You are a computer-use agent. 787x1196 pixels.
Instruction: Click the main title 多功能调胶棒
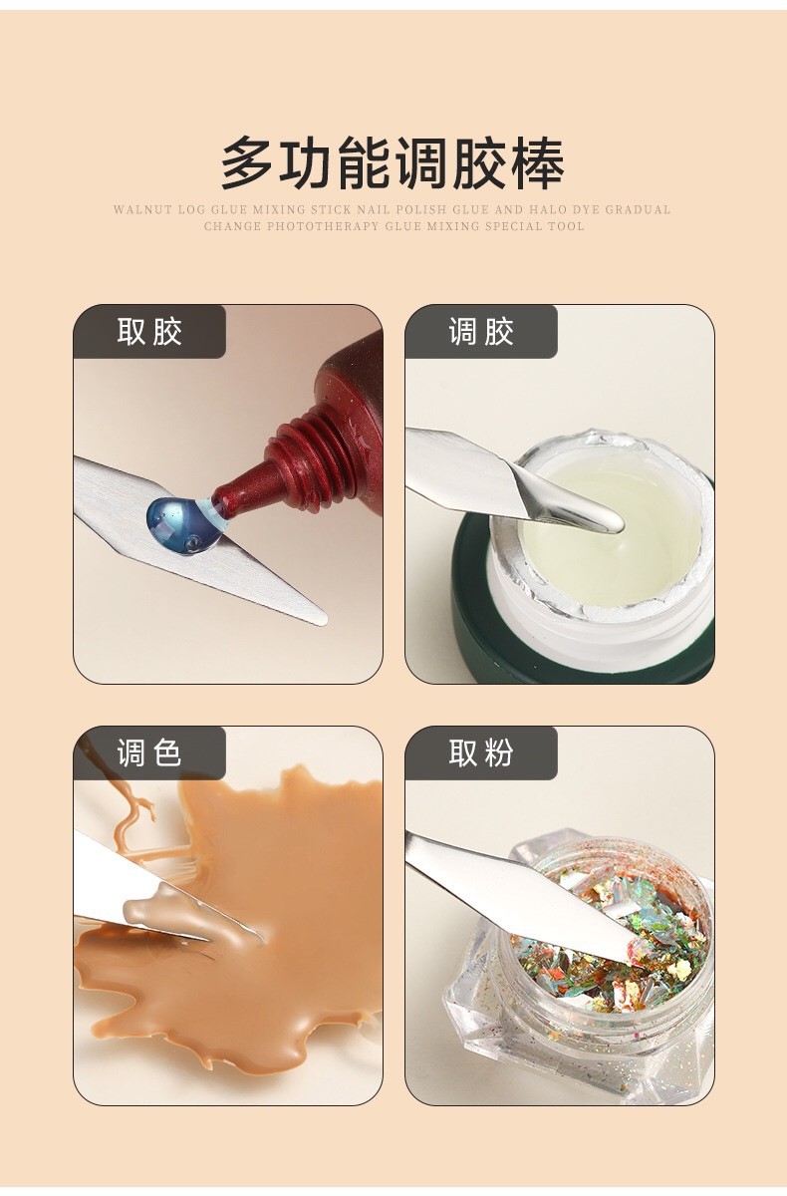click(x=393, y=163)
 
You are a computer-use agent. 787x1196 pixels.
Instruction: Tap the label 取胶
click(x=150, y=332)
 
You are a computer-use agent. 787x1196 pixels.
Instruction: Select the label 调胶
click(x=482, y=332)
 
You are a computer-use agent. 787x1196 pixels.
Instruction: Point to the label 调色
click(x=150, y=752)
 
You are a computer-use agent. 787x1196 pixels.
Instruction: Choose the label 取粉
click(x=482, y=752)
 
